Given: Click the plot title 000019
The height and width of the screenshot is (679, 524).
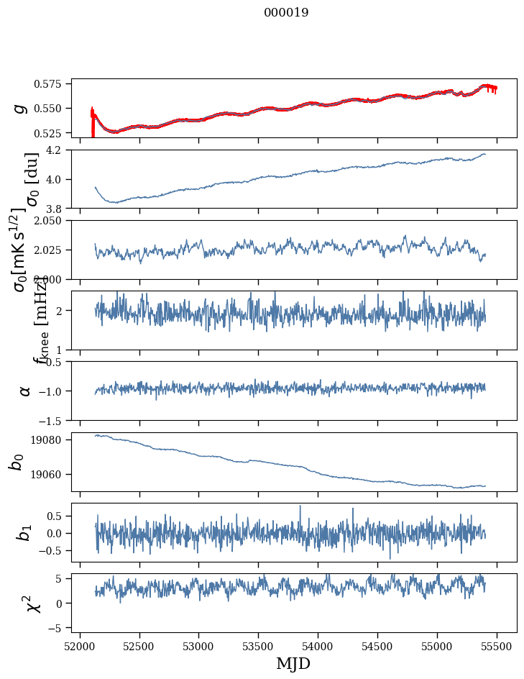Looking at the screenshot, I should tap(286, 12).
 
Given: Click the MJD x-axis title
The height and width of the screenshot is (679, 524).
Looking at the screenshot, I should tap(293, 663).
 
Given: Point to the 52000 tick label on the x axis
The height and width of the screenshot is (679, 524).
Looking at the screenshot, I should tap(80, 647).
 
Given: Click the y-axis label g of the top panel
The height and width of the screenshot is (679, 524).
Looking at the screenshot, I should tap(22, 108).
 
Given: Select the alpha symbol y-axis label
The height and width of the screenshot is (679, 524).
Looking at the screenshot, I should tap(24, 391).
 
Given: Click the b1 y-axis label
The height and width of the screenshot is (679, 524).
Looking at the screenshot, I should tap(24, 532).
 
